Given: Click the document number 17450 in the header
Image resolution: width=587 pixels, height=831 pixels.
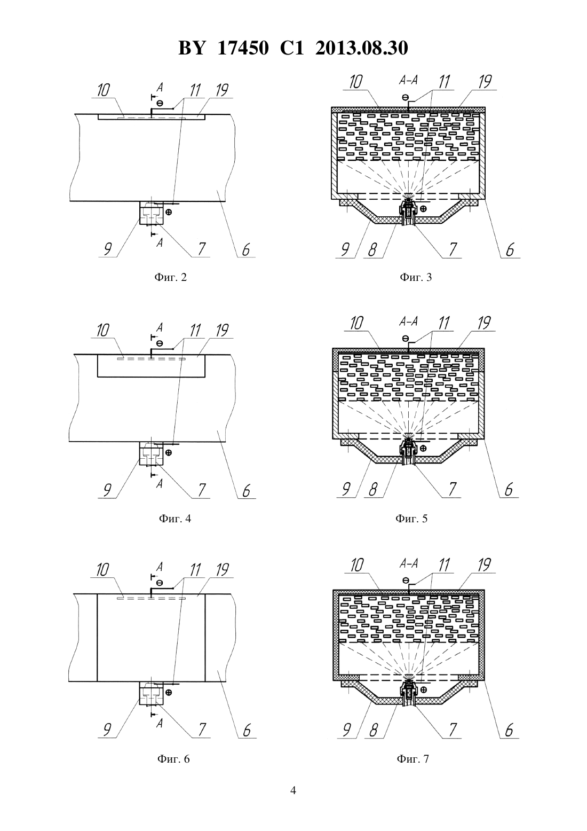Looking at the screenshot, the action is pyautogui.click(x=242, y=48).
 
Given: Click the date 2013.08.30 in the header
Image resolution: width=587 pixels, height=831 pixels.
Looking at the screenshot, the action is pyautogui.click(x=362, y=48).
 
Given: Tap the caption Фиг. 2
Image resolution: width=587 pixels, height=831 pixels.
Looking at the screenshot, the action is pyautogui.click(x=170, y=277).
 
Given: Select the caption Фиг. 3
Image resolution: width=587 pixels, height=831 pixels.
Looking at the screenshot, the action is pyautogui.click(x=416, y=277).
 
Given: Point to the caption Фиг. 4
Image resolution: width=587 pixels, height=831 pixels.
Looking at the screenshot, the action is pyautogui.click(x=175, y=518).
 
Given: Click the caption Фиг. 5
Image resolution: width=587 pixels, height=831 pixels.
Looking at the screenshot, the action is pyautogui.click(x=411, y=518).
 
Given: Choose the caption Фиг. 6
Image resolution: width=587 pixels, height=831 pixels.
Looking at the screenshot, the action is pyautogui.click(x=173, y=759).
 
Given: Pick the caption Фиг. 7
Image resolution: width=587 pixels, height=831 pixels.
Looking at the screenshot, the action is pyautogui.click(x=413, y=759).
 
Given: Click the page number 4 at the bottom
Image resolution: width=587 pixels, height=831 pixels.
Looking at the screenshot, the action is pyautogui.click(x=293, y=790).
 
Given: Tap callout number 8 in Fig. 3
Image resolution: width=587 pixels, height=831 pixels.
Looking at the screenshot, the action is pyautogui.click(x=372, y=249).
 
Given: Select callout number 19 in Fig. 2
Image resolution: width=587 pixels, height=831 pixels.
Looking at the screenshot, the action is pyautogui.click(x=222, y=90).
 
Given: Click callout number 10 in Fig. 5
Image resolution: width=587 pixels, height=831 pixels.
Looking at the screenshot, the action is pyautogui.click(x=356, y=323).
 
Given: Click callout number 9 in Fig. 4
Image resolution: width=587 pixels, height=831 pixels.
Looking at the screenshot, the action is pyautogui.click(x=107, y=490).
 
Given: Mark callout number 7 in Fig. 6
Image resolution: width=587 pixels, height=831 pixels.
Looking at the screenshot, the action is pyautogui.click(x=202, y=730).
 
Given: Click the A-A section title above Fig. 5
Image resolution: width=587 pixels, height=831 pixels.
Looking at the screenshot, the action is pyautogui.click(x=408, y=322).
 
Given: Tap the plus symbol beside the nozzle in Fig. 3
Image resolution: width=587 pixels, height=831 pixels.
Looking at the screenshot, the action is pyautogui.click(x=423, y=208).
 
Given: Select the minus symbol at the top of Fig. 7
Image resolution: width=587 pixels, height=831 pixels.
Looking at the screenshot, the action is pyautogui.click(x=406, y=580).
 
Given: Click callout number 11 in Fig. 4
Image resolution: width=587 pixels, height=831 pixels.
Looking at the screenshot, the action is pyautogui.click(x=195, y=330).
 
